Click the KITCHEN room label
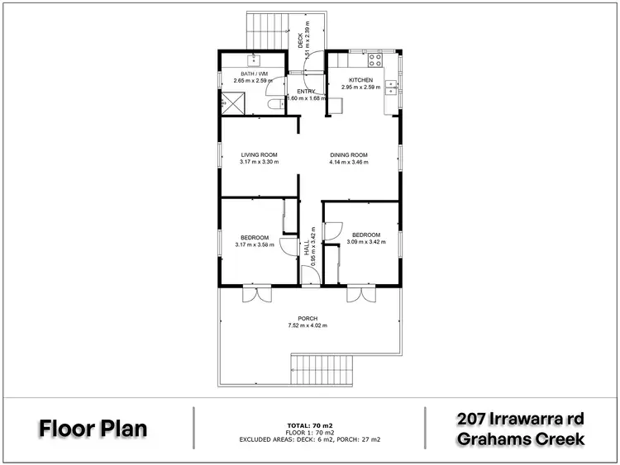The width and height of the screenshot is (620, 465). [349, 80]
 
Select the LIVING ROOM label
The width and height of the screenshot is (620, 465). [259, 154]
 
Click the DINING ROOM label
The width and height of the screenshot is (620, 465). [348, 154]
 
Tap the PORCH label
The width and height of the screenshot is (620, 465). [308, 318]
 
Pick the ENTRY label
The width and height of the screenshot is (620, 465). [307, 91]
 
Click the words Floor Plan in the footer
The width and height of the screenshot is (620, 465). [93, 429]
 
